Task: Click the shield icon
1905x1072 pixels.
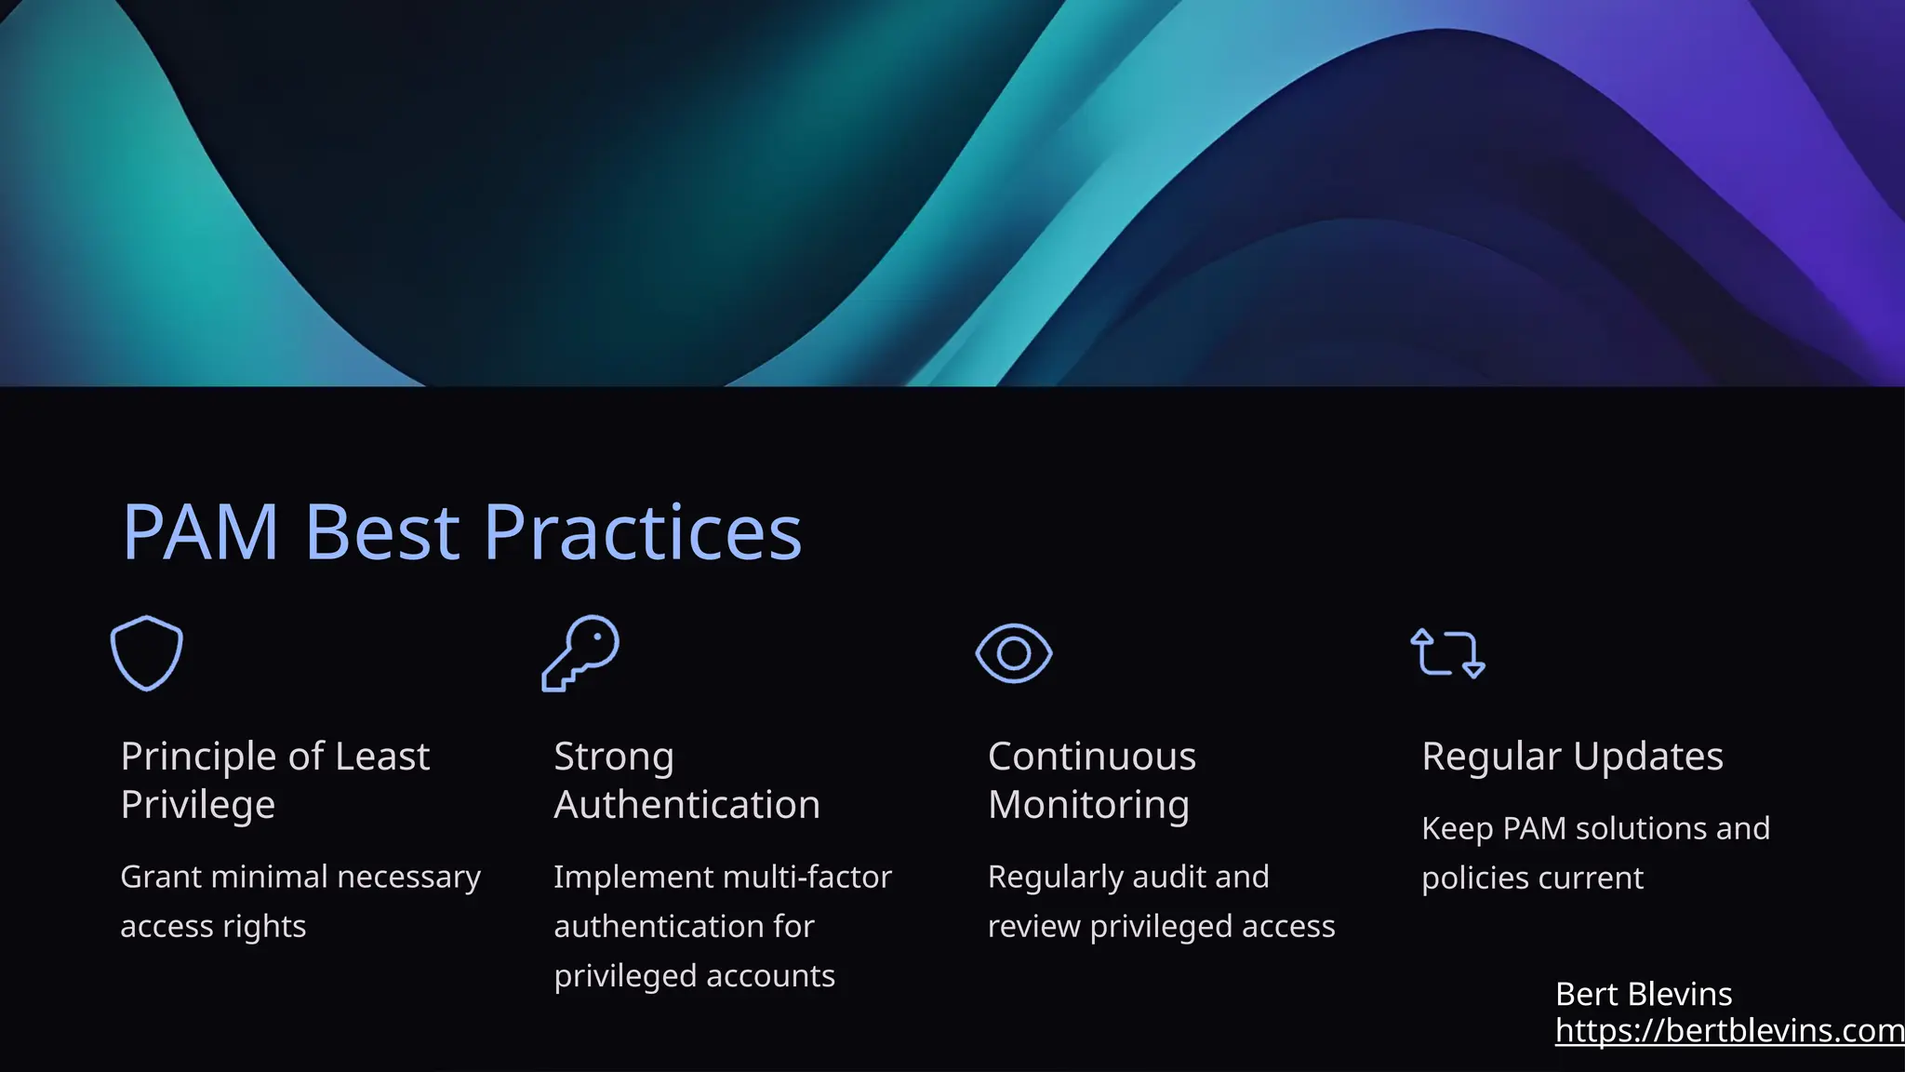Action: point(147,652)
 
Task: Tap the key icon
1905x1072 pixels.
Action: point(580,652)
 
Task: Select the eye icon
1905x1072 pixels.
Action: point(1014,653)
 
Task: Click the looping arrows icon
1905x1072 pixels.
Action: point(1447,653)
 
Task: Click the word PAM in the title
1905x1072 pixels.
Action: point(201,532)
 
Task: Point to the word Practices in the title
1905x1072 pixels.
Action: point(642,532)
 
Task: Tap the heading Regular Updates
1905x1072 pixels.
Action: point(1572,757)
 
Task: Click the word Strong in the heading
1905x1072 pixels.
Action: point(614,757)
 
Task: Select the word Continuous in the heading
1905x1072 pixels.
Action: point(1092,757)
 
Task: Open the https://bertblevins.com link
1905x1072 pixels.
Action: point(1729,1030)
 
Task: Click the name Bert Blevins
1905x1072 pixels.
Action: point(1644,994)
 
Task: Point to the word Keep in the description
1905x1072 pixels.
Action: point(1457,828)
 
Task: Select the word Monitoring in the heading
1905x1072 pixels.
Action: point(1088,805)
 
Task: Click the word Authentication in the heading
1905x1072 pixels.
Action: point(686,805)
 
